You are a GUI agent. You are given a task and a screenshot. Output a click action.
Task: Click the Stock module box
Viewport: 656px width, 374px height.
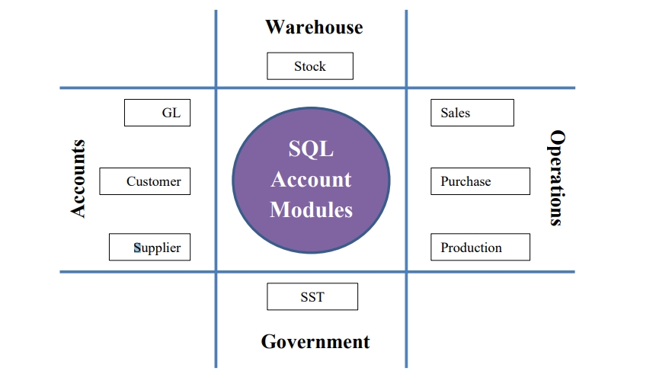(x=309, y=66)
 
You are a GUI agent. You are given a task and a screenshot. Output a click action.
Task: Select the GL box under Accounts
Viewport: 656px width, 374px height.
(x=157, y=113)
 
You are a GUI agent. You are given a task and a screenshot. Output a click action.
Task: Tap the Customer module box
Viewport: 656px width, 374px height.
(x=145, y=181)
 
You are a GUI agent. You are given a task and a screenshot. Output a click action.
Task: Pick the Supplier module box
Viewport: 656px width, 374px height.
(x=149, y=248)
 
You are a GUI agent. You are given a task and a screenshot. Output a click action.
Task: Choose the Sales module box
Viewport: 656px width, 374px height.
(x=472, y=113)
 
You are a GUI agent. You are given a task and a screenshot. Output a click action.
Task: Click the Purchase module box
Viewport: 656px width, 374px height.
(x=480, y=181)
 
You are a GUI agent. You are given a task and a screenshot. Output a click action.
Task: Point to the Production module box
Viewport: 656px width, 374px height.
(x=480, y=248)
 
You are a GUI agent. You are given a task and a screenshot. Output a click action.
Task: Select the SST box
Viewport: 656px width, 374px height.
(x=312, y=296)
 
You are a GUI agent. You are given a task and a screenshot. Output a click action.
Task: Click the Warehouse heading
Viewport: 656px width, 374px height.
(x=314, y=27)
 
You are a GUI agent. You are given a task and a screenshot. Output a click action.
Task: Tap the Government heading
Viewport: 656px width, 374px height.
(x=315, y=341)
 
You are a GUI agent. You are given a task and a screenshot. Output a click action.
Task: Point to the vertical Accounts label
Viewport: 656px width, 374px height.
(x=78, y=178)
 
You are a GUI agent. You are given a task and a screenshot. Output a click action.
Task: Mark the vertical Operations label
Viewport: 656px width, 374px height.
(x=557, y=178)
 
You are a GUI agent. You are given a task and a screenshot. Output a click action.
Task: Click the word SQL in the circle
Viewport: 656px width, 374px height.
(x=311, y=149)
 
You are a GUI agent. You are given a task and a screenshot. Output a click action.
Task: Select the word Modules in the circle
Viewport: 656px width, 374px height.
(x=311, y=209)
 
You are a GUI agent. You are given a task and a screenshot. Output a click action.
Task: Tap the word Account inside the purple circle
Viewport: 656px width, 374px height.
(x=311, y=179)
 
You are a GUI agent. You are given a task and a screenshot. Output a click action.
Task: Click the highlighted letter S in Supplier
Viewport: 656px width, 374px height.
(x=137, y=248)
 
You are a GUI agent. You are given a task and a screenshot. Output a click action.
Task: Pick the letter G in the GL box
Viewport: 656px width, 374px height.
(x=166, y=113)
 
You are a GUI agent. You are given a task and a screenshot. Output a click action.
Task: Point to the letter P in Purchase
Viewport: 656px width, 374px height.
(x=444, y=181)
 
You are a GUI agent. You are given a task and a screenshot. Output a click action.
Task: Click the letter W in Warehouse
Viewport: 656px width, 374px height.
(x=274, y=27)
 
